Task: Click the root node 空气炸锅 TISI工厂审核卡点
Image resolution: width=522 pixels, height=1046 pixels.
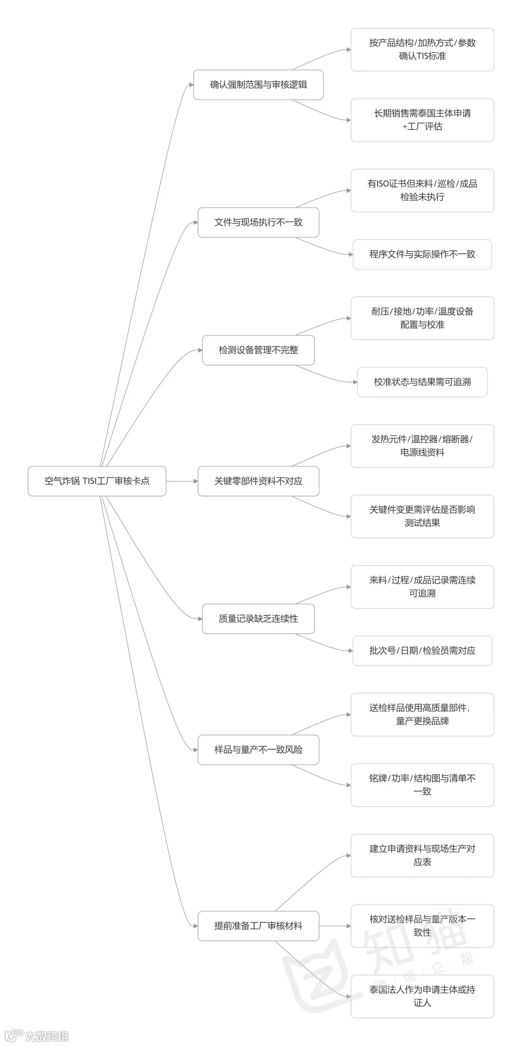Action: (x=97, y=481)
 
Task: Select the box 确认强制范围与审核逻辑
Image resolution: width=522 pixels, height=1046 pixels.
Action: (x=258, y=85)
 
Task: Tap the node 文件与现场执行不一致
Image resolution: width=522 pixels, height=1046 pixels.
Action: (x=258, y=222)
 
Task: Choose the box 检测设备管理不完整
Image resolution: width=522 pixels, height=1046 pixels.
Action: (x=258, y=350)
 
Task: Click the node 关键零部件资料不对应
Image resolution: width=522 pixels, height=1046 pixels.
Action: (x=258, y=481)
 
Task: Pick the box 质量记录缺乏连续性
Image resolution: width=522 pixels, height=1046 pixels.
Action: (x=258, y=618)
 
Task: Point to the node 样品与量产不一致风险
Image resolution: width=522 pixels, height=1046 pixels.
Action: (x=258, y=750)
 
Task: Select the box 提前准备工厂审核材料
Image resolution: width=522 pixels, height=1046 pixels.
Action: (x=258, y=926)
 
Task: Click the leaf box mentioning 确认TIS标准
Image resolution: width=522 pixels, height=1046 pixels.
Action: (x=422, y=49)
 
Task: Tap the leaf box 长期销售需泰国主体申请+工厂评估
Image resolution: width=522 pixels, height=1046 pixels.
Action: (x=422, y=120)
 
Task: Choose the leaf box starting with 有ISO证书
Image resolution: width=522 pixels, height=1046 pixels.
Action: (x=422, y=190)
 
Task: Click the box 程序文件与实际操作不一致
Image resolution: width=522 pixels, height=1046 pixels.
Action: (x=422, y=254)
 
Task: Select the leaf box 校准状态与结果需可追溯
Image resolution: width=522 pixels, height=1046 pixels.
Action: (x=422, y=382)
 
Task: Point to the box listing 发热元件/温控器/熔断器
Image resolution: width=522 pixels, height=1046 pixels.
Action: (x=422, y=446)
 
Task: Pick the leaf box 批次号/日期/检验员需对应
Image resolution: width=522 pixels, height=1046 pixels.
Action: (x=422, y=650)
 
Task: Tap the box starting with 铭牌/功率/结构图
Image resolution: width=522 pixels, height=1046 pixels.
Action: (x=422, y=785)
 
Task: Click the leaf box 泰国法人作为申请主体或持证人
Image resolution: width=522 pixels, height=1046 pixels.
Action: (x=422, y=996)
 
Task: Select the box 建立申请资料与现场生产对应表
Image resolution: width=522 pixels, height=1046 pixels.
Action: (x=422, y=855)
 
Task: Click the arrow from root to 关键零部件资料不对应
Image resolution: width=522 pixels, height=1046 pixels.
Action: (x=182, y=481)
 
